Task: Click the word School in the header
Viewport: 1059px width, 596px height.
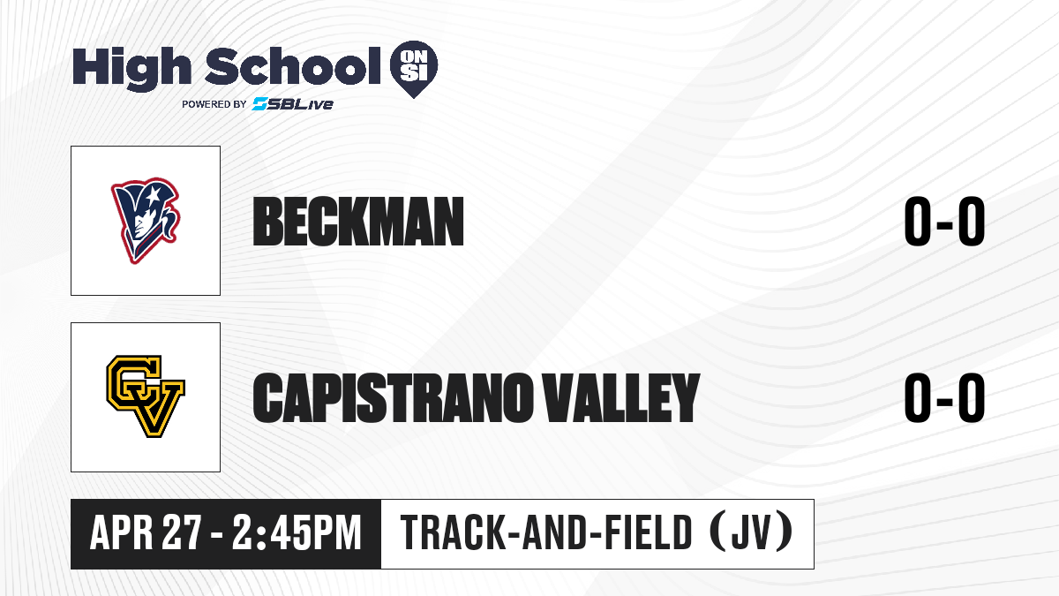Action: pos(293,66)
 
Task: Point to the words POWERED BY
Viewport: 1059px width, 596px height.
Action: pos(214,104)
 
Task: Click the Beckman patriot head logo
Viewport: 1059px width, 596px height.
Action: pos(146,221)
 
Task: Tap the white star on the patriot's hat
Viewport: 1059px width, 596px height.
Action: pos(154,194)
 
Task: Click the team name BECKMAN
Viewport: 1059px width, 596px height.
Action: pos(358,222)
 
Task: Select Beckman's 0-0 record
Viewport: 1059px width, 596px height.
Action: pos(944,222)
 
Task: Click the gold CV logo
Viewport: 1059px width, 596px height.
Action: pos(146,396)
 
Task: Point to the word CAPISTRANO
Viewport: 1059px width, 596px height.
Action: pos(390,397)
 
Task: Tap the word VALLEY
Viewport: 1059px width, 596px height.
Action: pos(620,397)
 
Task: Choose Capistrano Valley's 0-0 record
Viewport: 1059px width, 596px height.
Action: pos(944,397)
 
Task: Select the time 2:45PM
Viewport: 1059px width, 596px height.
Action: pos(297,533)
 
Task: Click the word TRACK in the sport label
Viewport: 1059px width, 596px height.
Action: pos(452,533)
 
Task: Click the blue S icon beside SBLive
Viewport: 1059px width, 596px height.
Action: pos(259,104)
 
